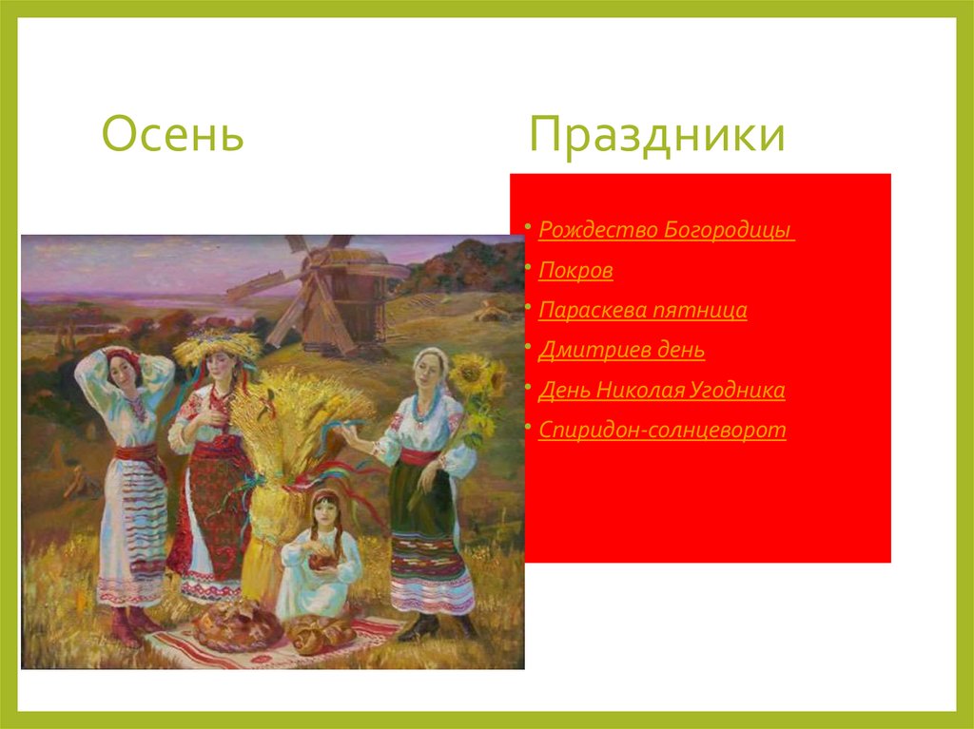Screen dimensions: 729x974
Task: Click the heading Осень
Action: click(172, 134)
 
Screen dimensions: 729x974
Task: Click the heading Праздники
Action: click(657, 134)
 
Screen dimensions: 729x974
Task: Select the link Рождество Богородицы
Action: click(665, 230)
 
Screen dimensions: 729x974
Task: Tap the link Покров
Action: click(575, 270)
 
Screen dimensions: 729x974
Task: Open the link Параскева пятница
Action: click(642, 310)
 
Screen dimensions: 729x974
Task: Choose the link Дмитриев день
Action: click(621, 350)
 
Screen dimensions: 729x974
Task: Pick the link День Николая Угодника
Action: click(661, 390)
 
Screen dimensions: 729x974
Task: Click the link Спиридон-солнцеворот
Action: click(662, 430)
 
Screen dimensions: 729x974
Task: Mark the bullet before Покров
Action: click(528, 270)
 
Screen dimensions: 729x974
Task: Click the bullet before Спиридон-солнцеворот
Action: click(528, 430)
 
